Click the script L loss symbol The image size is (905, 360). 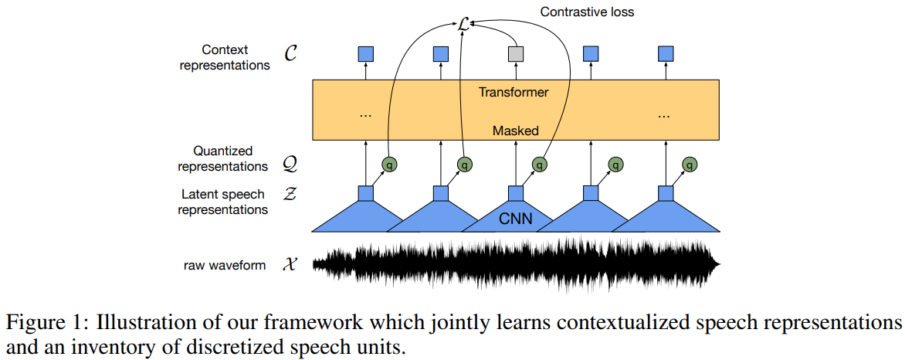[463, 25]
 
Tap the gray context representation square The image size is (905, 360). [516, 54]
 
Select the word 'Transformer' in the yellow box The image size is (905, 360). [514, 92]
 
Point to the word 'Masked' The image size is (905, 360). [515, 131]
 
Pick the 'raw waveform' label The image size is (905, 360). [225, 265]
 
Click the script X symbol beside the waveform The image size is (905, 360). [291, 265]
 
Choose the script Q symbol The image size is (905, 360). [291, 165]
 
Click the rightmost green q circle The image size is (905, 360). [690, 164]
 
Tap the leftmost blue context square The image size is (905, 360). [366, 54]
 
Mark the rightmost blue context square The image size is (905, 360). [666, 54]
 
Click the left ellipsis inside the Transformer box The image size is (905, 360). [366, 114]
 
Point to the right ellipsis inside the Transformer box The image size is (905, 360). [664, 114]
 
